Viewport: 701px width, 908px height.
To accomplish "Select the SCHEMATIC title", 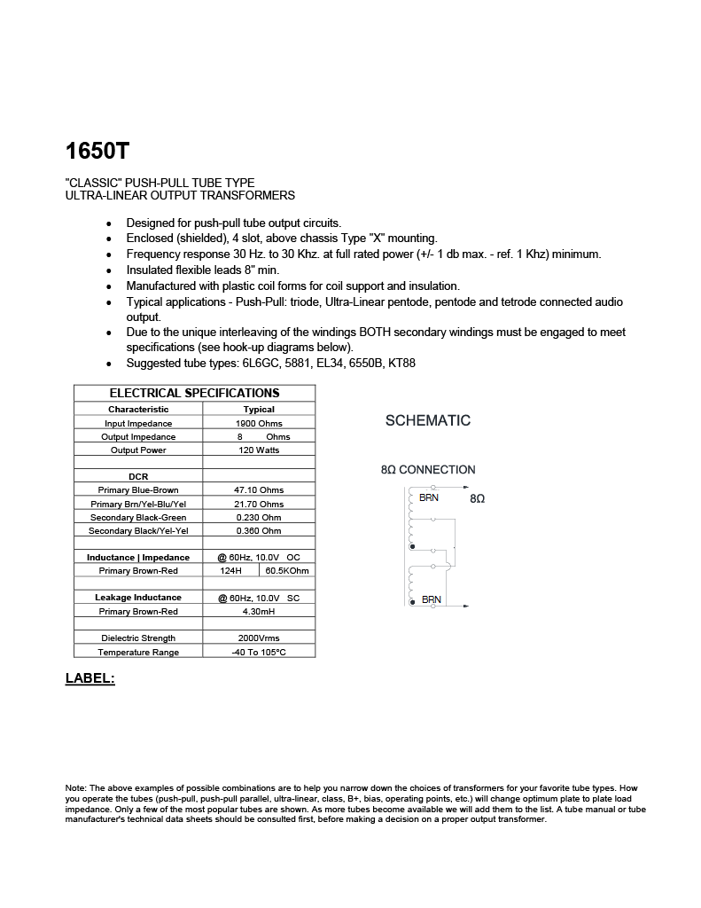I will (x=428, y=420).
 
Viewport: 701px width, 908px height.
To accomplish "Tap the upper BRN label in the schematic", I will (x=429, y=498).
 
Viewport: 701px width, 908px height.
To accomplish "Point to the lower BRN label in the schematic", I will (x=431, y=599).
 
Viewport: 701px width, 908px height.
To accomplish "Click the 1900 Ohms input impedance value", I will (x=259, y=423).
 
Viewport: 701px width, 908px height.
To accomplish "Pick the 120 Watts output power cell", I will (x=259, y=450).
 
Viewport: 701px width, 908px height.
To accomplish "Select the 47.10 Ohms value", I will (x=259, y=490).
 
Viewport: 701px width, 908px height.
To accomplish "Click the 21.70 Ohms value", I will (x=259, y=504).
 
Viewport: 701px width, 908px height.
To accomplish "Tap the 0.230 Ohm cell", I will (x=259, y=518).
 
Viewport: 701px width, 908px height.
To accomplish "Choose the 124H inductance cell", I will (x=230, y=571).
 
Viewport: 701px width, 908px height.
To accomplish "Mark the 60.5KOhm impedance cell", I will (x=287, y=571).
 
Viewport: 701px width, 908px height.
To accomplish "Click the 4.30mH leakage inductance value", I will (x=259, y=611).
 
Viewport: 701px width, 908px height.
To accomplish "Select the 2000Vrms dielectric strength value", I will (x=259, y=638).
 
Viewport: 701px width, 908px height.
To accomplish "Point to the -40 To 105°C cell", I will (x=259, y=653).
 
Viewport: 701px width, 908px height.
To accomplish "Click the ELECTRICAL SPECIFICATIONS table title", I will (x=194, y=393).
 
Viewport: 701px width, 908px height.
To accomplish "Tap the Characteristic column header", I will (x=138, y=410).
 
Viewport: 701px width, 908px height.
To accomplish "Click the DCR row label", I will (x=138, y=477).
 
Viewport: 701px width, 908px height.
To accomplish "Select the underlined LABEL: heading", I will (x=90, y=678).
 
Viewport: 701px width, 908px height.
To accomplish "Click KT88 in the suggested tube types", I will (x=402, y=364).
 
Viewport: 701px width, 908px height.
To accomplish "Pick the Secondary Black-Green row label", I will (x=138, y=518).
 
